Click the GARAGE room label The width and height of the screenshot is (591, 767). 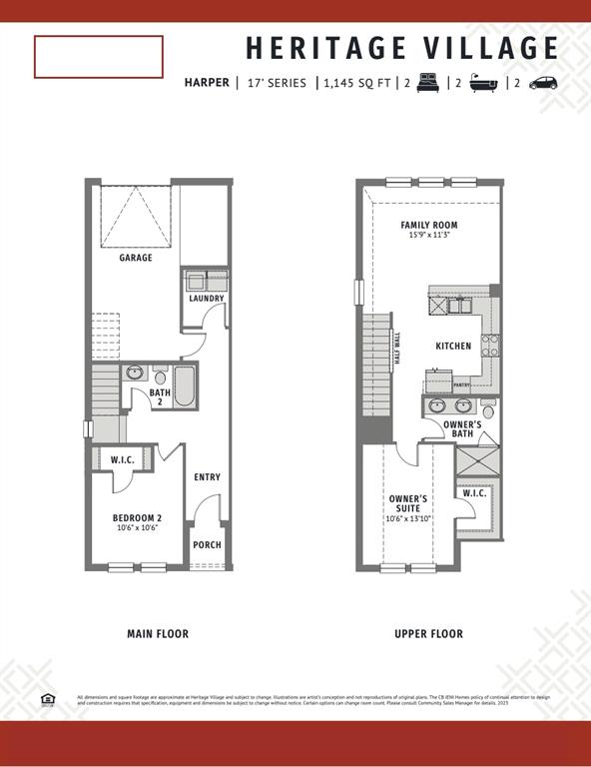[x=136, y=258]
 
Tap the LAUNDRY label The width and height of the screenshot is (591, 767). [x=207, y=299]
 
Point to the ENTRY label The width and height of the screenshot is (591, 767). [x=207, y=477]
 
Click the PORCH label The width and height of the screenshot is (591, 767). [x=207, y=545]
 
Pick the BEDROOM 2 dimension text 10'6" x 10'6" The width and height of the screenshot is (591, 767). [x=138, y=528]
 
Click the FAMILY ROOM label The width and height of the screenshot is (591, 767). [x=428, y=226]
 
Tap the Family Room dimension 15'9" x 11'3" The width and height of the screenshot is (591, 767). [x=428, y=236]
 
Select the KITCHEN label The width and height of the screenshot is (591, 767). [x=453, y=347]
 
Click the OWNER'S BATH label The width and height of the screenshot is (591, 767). [x=463, y=429]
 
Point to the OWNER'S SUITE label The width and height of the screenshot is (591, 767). [x=408, y=503]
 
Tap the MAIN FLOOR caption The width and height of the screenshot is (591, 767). [x=158, y=634]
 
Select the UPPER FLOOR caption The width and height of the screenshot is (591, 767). [x=428, y=634]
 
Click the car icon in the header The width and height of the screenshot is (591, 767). [x=544, y=83]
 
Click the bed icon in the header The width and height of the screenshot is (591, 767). [x=426, y=83]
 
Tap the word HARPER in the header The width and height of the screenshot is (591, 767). [x=207, y=83]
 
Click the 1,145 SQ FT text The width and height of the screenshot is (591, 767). [x=356, y=83]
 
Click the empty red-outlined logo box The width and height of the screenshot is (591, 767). [x=99, y=57]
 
